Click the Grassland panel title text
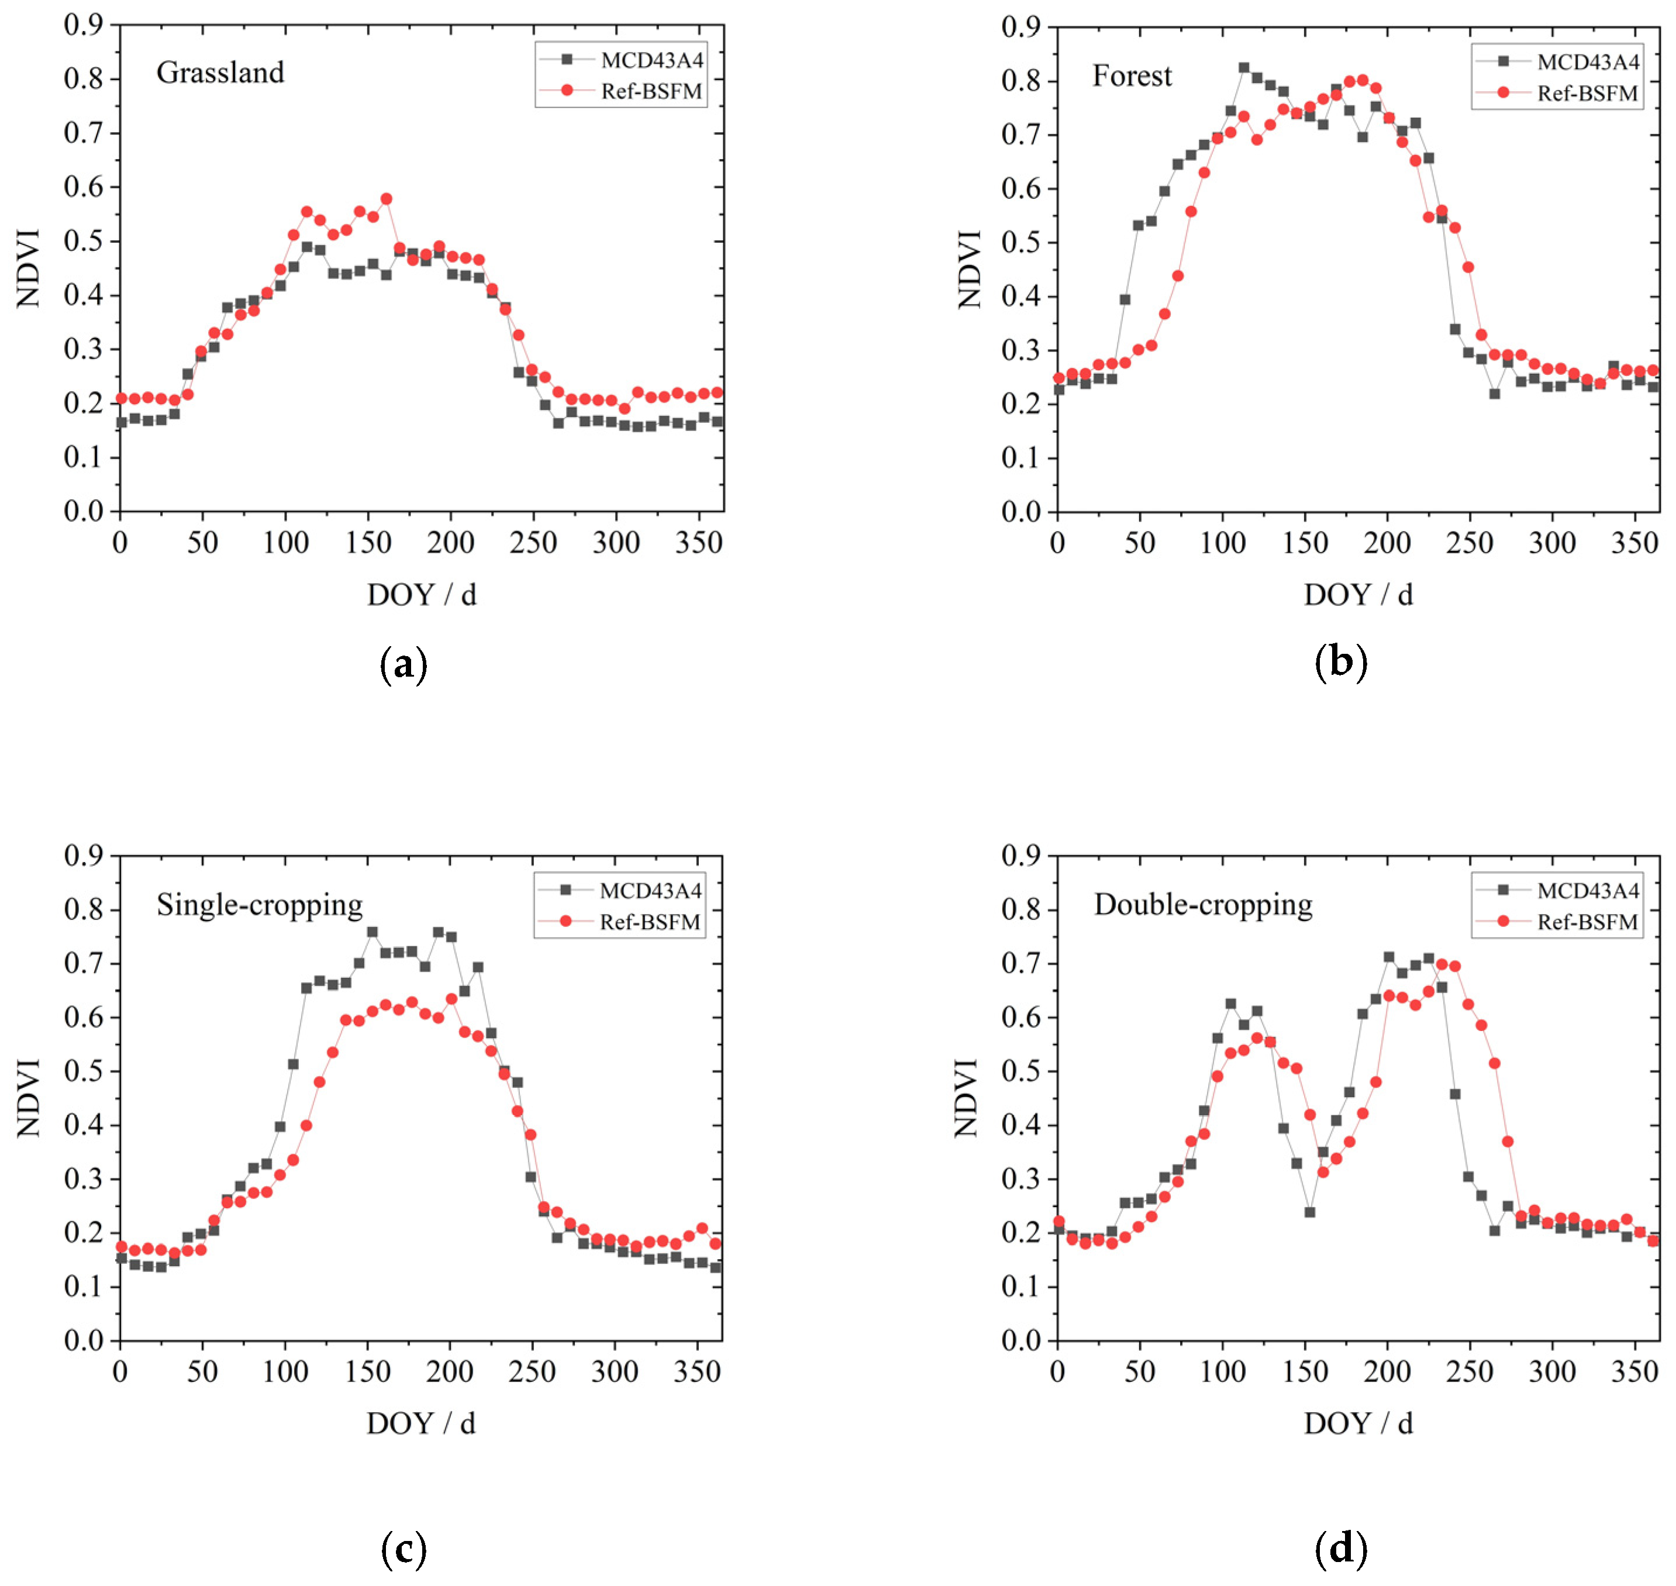pyautogui.click(x=220, y=73)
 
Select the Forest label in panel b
pyautogui.click(x=1132, y=76)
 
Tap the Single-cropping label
pyautogui.click(x=260, y=905)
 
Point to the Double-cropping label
pyautogui.click(x=1203, y=905)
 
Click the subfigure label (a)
pyautogui.click(x=404, y=664)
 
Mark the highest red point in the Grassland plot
pyautogui.click(x=386, y=199)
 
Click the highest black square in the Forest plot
pyautogui.click(x=1243, y=68)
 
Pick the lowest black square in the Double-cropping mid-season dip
pyautogui.click(x=1309, y=1212)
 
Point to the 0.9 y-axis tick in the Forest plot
pyautogui.click(x=1025, y=27)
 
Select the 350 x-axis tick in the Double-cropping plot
pyautogui.click(x=1634, y=1372)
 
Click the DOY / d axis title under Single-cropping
pyautogui.click(x=421, y=1423)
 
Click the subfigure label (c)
pyautogui.click(x=404, y=1547)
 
